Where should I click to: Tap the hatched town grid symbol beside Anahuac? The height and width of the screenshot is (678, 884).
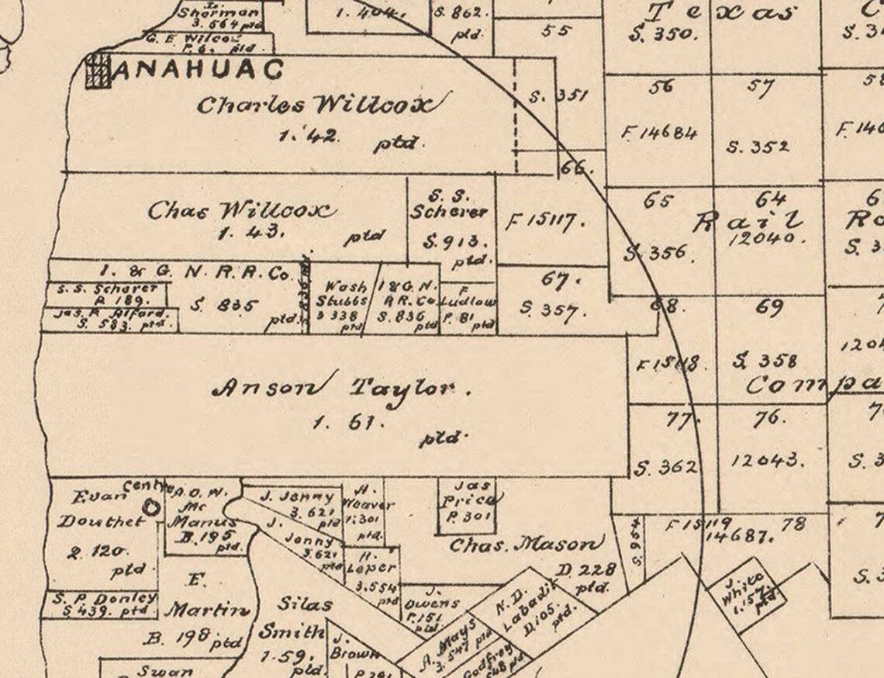coord(98,71)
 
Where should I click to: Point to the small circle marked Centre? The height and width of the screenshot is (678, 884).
coord(151,507)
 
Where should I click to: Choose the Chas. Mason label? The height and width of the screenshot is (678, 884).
coord(526,545)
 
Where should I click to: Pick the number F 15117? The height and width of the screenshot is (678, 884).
coord(540,223)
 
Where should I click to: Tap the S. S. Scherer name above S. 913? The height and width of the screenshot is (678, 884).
coord(450,204)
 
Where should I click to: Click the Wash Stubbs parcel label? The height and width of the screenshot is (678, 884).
coord(345,293)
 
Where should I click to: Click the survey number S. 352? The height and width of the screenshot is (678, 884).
coord(758,147)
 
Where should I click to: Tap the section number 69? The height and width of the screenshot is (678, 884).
coord(768,308)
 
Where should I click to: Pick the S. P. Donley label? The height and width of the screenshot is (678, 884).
coord(105,599)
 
